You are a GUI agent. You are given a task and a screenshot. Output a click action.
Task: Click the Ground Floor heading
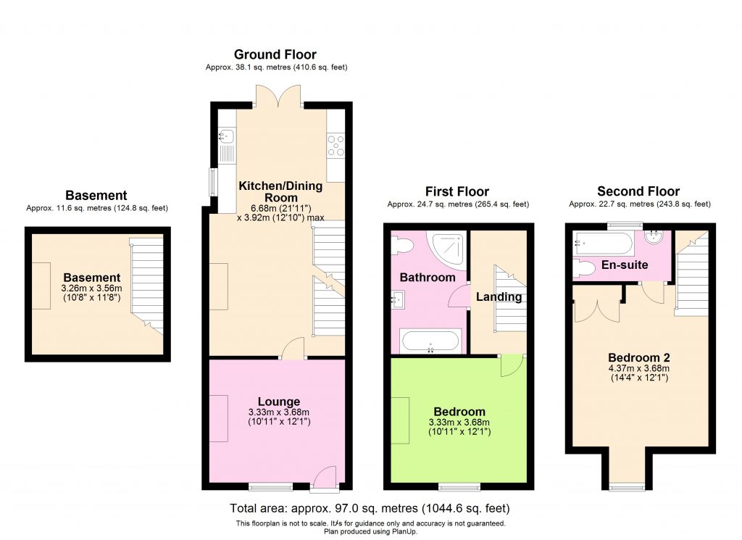[275, 54]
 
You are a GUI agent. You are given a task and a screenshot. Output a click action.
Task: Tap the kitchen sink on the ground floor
[225, 135]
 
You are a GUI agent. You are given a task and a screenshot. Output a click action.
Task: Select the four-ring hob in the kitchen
[335, 146]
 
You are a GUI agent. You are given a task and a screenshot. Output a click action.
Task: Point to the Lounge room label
[279, 402]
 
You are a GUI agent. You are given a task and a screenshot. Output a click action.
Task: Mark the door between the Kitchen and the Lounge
[292, 349]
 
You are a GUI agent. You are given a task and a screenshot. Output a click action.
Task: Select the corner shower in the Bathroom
[443, 248]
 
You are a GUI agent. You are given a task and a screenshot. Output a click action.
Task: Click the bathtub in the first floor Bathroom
[430, 341]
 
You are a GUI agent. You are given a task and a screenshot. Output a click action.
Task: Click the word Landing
[499, 296]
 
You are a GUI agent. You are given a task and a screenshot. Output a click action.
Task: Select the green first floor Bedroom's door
[512, 365]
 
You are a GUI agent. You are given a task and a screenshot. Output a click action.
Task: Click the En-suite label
[624, 265]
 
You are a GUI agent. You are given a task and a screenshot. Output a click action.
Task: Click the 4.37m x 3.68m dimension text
[639, 368]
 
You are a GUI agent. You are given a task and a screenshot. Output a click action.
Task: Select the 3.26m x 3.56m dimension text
[91, 288]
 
